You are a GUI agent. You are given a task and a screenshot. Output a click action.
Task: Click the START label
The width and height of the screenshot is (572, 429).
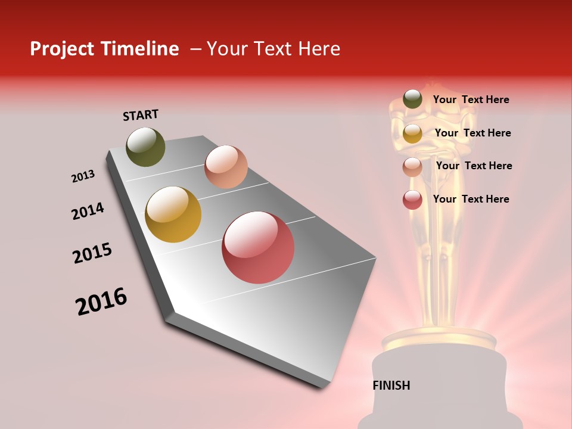pos(141,115)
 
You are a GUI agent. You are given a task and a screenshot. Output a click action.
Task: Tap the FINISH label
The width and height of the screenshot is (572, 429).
pos(391,385)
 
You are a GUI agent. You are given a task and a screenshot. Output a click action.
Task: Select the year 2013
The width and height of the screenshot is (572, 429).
pos(83,176)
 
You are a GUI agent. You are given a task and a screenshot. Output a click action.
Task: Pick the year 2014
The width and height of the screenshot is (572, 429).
pos(88,211)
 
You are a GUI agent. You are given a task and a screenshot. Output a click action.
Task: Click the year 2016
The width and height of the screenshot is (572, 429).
pos(101,301)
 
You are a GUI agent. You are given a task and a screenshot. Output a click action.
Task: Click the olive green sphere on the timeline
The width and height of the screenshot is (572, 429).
pos(146,147)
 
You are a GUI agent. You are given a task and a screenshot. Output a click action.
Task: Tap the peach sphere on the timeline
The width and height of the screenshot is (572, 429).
pos(226,167)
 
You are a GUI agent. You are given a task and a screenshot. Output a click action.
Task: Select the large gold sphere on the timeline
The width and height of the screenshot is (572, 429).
pos(173,214)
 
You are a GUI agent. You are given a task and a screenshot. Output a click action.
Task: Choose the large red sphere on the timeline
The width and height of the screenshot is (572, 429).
pos(258,247)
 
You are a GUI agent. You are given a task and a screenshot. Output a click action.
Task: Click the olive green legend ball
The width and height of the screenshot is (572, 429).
pos(412,100)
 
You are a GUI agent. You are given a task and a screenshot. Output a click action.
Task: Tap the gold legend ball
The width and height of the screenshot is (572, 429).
pos(412,133)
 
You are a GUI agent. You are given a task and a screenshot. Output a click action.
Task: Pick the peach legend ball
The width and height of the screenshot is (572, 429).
pos(412,167)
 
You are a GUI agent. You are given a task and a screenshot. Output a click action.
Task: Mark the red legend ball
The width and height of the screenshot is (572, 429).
pos(412,200)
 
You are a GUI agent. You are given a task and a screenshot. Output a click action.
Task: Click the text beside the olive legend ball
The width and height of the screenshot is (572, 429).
pos(471,100)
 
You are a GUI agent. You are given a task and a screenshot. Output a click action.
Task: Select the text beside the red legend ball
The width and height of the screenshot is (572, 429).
pos(471,199)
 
